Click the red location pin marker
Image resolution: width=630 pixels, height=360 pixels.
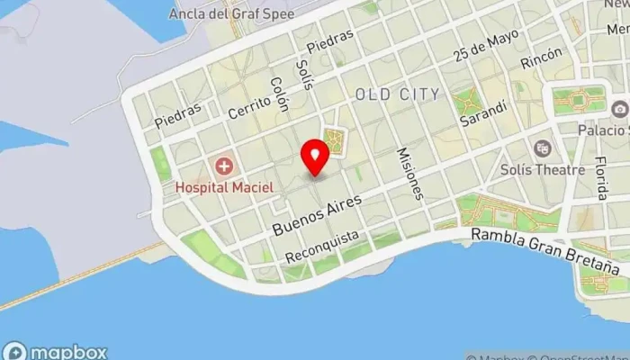click(316, 157)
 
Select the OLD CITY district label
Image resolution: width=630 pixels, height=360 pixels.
click(397, 94)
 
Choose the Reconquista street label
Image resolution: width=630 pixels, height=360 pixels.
click(321, 247)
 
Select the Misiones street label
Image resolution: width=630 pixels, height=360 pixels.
click(409, 173)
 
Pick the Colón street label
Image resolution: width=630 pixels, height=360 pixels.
click(279, 93)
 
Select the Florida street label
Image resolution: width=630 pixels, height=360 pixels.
click(601, 177)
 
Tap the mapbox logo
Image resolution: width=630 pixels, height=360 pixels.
click(56, 352)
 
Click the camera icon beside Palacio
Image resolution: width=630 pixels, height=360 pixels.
click(620, 109)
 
